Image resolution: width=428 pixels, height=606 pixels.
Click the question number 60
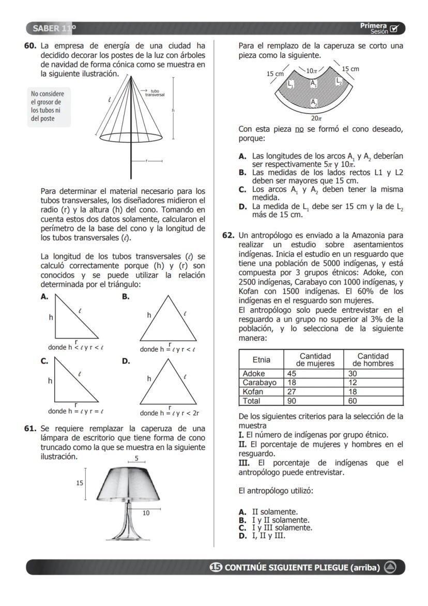[30, 46]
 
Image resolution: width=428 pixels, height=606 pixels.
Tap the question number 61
[30, 429]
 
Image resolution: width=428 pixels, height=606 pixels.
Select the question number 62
[228, 235]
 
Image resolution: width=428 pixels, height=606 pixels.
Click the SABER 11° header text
[54, 27]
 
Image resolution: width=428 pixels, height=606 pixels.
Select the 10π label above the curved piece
[311, 70]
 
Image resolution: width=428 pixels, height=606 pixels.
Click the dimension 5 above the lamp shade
[136, 459]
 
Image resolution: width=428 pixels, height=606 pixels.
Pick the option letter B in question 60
[125, 297]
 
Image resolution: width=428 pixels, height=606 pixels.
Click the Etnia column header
[261, 359]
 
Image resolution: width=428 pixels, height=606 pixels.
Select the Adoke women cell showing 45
[292, 373]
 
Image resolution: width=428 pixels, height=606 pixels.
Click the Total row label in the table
[252, 401]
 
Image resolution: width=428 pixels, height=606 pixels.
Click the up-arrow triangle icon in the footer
[390, 567]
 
